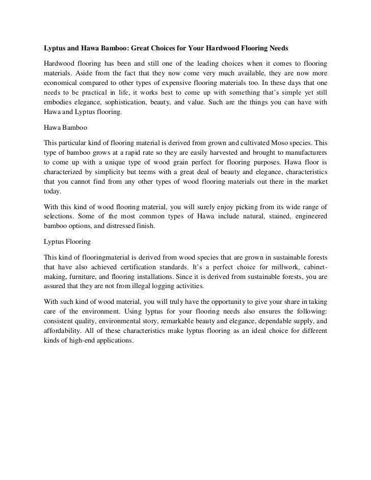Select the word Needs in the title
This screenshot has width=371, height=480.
[277, 49]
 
